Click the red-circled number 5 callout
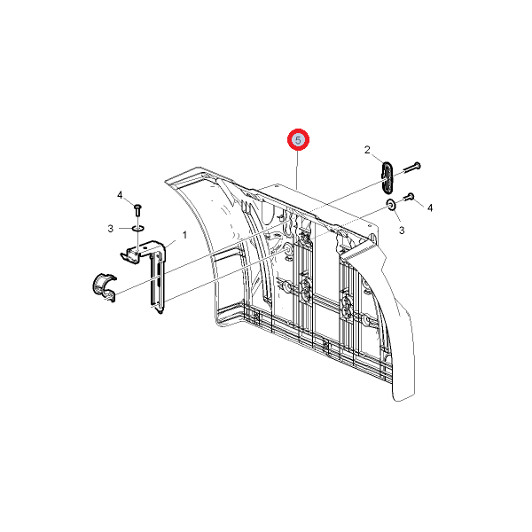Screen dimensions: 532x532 298,140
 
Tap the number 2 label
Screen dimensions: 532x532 367,150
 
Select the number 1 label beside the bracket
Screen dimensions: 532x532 184,235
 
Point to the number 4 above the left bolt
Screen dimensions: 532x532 120,195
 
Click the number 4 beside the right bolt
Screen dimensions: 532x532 430,207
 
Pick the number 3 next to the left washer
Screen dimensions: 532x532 111,229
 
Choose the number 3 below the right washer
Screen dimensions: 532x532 402,231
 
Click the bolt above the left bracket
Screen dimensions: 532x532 137,209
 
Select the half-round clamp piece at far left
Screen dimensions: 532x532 104,286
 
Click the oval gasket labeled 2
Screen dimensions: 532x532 387,177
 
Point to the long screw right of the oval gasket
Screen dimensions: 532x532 411,168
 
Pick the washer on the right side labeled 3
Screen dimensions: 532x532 392,205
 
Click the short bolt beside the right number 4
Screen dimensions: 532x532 409,197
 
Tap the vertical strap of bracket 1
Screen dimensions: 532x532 157,282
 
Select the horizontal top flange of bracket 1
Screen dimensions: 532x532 144,250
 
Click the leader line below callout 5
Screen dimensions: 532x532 298,170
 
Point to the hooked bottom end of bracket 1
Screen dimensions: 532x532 160,310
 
